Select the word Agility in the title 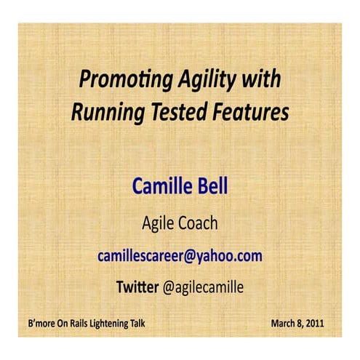[x=201, y=79]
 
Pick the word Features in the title [x=244, y=113]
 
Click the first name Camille [x=160, y=185]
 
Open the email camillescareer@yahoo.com [x=180, y=256]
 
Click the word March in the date [x=285, y=322]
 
